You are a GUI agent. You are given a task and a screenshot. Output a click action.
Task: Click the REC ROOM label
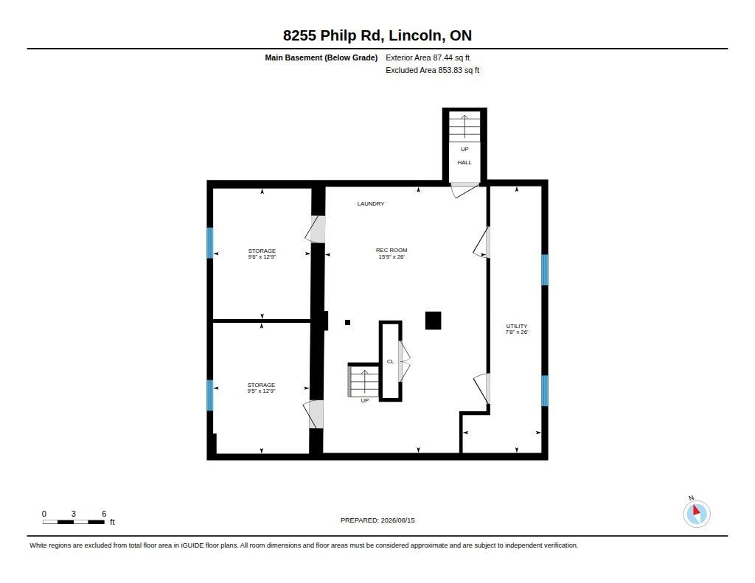[392, 251]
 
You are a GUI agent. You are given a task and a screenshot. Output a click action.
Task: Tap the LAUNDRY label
[371, 203]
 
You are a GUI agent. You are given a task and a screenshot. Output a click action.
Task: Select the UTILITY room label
[517, 326]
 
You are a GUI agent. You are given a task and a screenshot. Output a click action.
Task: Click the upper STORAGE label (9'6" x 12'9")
[262, 251]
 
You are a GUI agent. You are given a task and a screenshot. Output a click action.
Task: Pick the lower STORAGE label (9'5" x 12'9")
[262, 385]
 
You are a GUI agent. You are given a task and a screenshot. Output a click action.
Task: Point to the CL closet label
[391, 362]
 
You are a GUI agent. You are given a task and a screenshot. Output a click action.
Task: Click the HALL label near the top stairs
[465, 163]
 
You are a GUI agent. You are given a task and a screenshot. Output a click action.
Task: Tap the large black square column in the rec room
[434, 321]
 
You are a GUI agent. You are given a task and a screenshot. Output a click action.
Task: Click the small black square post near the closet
[348, 323]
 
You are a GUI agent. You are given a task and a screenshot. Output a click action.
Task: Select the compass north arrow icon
[696, 513]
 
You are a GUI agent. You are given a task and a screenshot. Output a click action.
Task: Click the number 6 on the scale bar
[104, 514]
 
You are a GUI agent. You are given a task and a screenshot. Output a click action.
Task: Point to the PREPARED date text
[377, 520]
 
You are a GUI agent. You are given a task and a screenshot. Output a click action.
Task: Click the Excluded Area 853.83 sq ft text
[432, 70]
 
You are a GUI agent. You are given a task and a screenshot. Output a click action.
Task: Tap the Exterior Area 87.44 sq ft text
[428, 57]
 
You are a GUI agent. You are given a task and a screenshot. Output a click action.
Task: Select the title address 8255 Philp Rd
[333, 35]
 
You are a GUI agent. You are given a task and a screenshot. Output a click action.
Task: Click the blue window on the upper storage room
[210, 242]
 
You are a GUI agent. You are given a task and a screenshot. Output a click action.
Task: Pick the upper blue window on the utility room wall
[545, 270]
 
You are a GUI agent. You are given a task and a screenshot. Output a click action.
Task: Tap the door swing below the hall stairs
[465, 190]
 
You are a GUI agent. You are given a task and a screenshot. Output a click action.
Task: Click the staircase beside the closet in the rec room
[363, 382]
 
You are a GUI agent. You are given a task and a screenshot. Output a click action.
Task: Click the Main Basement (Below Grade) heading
[321, 57]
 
